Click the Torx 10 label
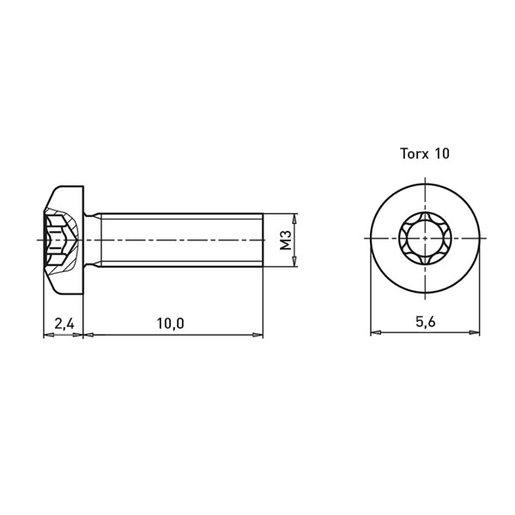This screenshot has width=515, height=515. coord(425,154)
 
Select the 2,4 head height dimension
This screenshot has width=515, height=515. coord(64,324)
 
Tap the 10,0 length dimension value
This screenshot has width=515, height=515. coord(170,324)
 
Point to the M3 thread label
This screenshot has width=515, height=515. coord(286,239)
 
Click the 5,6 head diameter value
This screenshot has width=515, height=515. coord(426,322)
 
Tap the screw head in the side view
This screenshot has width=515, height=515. coord(64,239)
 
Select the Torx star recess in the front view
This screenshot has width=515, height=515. coord(426,238)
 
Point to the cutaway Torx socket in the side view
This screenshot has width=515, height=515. coord(62,239)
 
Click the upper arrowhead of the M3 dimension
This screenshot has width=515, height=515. coord(295,218)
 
